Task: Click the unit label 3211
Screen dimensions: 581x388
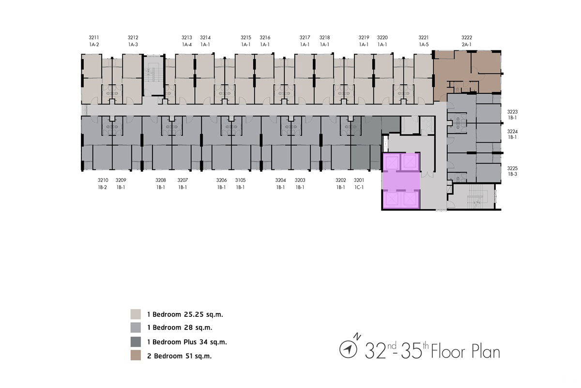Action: click(93, 38)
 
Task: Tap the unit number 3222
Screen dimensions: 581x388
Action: click(467, 38)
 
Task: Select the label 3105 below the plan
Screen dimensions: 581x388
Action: click(240, 180)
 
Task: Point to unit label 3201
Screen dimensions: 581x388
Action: click(359, 180)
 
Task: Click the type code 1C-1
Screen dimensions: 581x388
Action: click(359, 187)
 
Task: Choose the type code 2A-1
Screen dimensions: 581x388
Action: click(466, 45)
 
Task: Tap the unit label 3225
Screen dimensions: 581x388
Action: click(512, 168)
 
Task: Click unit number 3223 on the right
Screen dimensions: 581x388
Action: click(512, 112)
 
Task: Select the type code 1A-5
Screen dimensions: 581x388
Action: click(424, 45)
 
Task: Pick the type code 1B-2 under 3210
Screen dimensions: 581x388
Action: click(103, 187)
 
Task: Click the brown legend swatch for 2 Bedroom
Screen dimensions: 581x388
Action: click(136, 355)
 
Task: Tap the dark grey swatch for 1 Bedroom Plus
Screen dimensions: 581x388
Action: click(136, 342)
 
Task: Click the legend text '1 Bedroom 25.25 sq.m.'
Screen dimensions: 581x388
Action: click(185, 314)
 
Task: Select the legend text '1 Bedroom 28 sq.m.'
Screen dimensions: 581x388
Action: click(180, 328)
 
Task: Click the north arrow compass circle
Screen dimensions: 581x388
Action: click(348, 349)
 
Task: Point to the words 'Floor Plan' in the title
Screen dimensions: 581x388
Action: click(466, 351)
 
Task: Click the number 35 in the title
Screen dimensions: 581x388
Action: click(411, 351)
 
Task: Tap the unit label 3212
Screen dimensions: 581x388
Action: click(133, 38)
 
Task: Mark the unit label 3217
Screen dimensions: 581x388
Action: click(305, 38)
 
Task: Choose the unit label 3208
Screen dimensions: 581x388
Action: click(161, 180)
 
